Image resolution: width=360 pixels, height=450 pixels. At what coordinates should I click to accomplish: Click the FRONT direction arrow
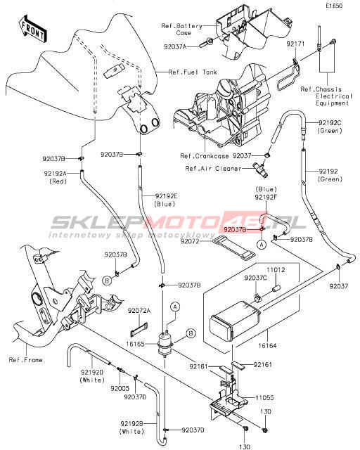point(32,30)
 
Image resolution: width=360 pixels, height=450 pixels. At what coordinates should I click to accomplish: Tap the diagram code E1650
point(334,6)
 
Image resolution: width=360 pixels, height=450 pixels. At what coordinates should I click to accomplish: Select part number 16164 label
point(267,345)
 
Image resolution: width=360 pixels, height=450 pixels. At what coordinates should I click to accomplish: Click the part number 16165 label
point(135,344)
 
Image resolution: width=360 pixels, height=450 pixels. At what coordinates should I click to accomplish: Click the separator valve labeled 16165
point(166,344)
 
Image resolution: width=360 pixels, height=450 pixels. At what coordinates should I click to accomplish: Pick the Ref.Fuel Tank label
point(193,72)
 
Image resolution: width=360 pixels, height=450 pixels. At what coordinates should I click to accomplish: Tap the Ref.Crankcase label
point(205,156)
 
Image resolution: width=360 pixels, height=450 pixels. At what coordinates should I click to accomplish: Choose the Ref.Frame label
point(25,359)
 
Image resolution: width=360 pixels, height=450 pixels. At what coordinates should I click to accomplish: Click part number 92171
point(295,44)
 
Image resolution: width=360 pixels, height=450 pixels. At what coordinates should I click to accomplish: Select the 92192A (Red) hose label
point(56,177)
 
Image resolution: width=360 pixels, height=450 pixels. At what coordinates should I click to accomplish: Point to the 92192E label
point(166,196)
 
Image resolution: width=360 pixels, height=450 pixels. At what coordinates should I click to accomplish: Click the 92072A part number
point(139,311)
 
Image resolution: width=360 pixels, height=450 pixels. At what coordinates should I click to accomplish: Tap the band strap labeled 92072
point(235,247)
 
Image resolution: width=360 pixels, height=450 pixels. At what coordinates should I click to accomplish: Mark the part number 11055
point(264,397)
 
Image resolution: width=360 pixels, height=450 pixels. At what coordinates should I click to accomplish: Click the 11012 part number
point(276,270)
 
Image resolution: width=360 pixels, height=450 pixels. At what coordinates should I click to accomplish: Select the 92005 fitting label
point(120,388)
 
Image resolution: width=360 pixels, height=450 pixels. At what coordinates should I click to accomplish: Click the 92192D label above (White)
point(92,372)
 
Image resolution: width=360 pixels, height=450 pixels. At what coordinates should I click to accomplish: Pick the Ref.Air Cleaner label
point(213,169)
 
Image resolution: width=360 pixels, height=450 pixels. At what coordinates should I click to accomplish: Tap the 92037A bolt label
point(175,46)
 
